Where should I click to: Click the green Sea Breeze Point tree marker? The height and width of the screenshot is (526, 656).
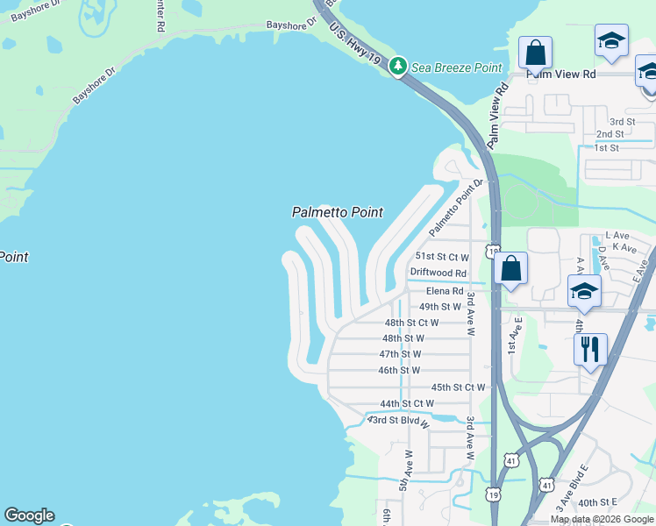[398, 67]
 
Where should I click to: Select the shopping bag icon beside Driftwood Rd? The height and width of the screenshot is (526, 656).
[510, 269]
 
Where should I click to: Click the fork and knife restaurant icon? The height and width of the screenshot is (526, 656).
[590, 349]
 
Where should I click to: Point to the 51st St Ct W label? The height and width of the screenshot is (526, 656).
[442, 257]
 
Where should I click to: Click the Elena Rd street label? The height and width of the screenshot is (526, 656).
[444, 291]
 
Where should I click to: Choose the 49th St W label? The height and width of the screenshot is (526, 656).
[439, 307]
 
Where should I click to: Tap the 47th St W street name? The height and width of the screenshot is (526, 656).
[400, 354]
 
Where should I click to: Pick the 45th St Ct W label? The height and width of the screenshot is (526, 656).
[458, 387]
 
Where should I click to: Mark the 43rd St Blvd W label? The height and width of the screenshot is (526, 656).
[398, 421]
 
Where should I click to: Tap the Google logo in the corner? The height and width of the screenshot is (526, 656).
[29, 516]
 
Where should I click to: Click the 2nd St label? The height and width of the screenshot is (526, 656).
[610, 134]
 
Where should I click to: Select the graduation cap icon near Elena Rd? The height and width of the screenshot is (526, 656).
[584, 291]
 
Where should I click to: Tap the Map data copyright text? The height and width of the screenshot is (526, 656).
[602, 519]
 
